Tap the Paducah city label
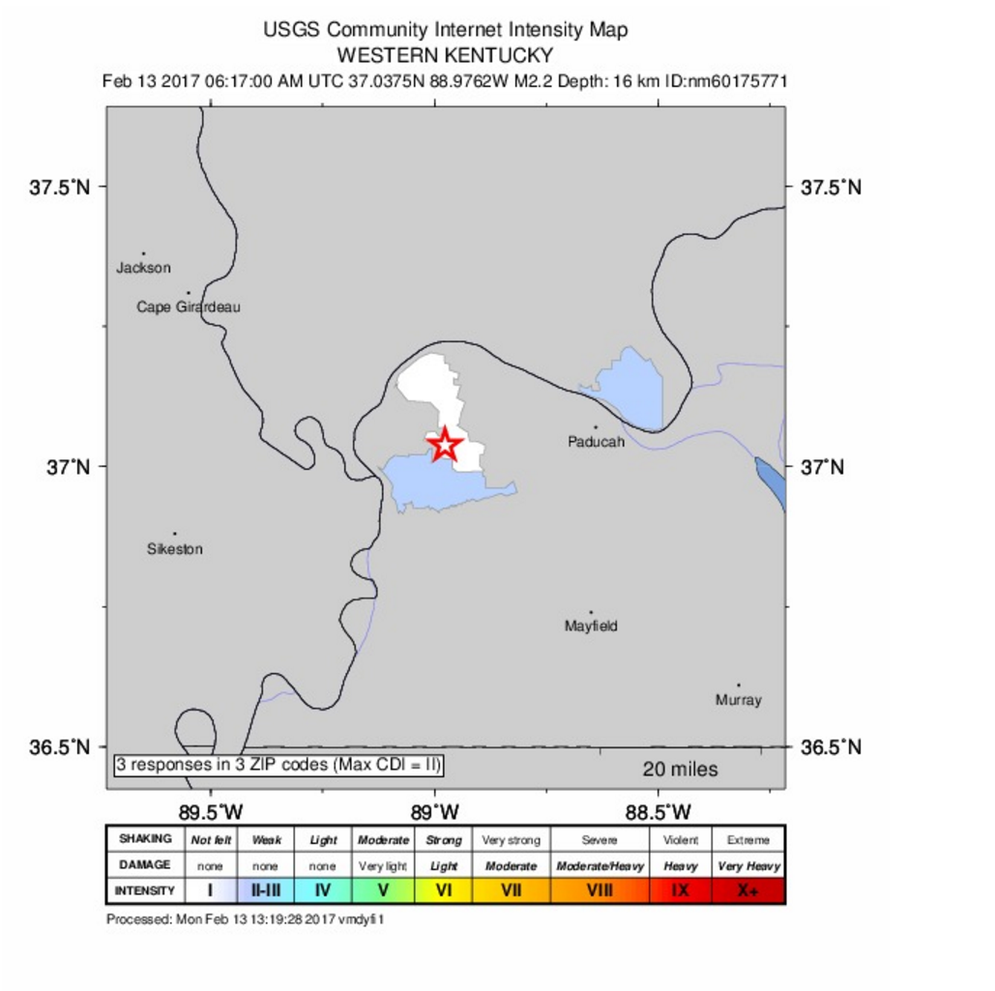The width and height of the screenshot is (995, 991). pyautogui.click(x=596, y=442)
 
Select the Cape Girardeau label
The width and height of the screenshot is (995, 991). pyautogui.click(x=189, y=307)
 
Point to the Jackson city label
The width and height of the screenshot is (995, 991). pyautogui.click(x=143, y=268)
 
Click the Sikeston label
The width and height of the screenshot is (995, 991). pyautogui.click(x=175, y=549)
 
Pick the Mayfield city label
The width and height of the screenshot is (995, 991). pyautogui.click(x=591, y=627)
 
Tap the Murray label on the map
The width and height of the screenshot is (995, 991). pyautogui.click(x=738, y=700)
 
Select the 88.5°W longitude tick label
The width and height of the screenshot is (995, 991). pyautogui.click(x=658, y=810)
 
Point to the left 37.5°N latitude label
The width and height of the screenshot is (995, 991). pyautogui.click(x=60, y=187)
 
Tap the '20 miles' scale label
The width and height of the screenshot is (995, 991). pyautogui.click(x=681, y=770)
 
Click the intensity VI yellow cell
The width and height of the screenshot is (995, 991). pyautogui.click(x=444, y=890)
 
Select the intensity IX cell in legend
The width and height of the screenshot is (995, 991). pyautogui.click(x=681, y=890)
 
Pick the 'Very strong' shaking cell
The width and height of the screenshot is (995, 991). pyautogui.click(x=511, y=840)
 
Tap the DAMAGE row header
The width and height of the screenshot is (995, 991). pyautogui.click(x=144, y=865)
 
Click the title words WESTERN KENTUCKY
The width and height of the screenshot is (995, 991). pyautogui.click(x=445, y=55)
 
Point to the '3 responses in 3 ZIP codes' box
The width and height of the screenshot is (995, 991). pyautogui.click(x=278, y=765)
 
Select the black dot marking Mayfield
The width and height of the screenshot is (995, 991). pyautogui.click(x=591, y=612)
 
